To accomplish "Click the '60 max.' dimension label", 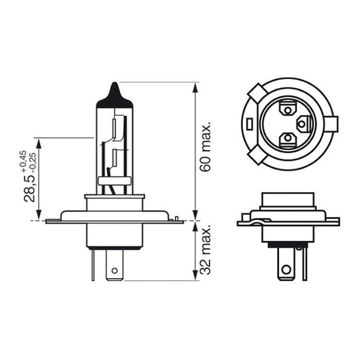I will pos(206,148).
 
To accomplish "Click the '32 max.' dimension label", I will pos(206,250).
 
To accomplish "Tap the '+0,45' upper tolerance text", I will pos(23,160).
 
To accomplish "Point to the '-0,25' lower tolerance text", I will pos(32,160).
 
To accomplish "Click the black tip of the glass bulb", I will pos(115,95).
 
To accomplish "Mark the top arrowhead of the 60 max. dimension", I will pos(195,86).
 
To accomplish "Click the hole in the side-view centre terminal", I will pos(115,269).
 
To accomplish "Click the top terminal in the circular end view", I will pos(287,109).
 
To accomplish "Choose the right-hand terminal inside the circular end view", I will pos(304,123).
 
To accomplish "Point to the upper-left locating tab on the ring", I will pos(256,94).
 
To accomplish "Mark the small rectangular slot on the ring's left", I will pos(248,124).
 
